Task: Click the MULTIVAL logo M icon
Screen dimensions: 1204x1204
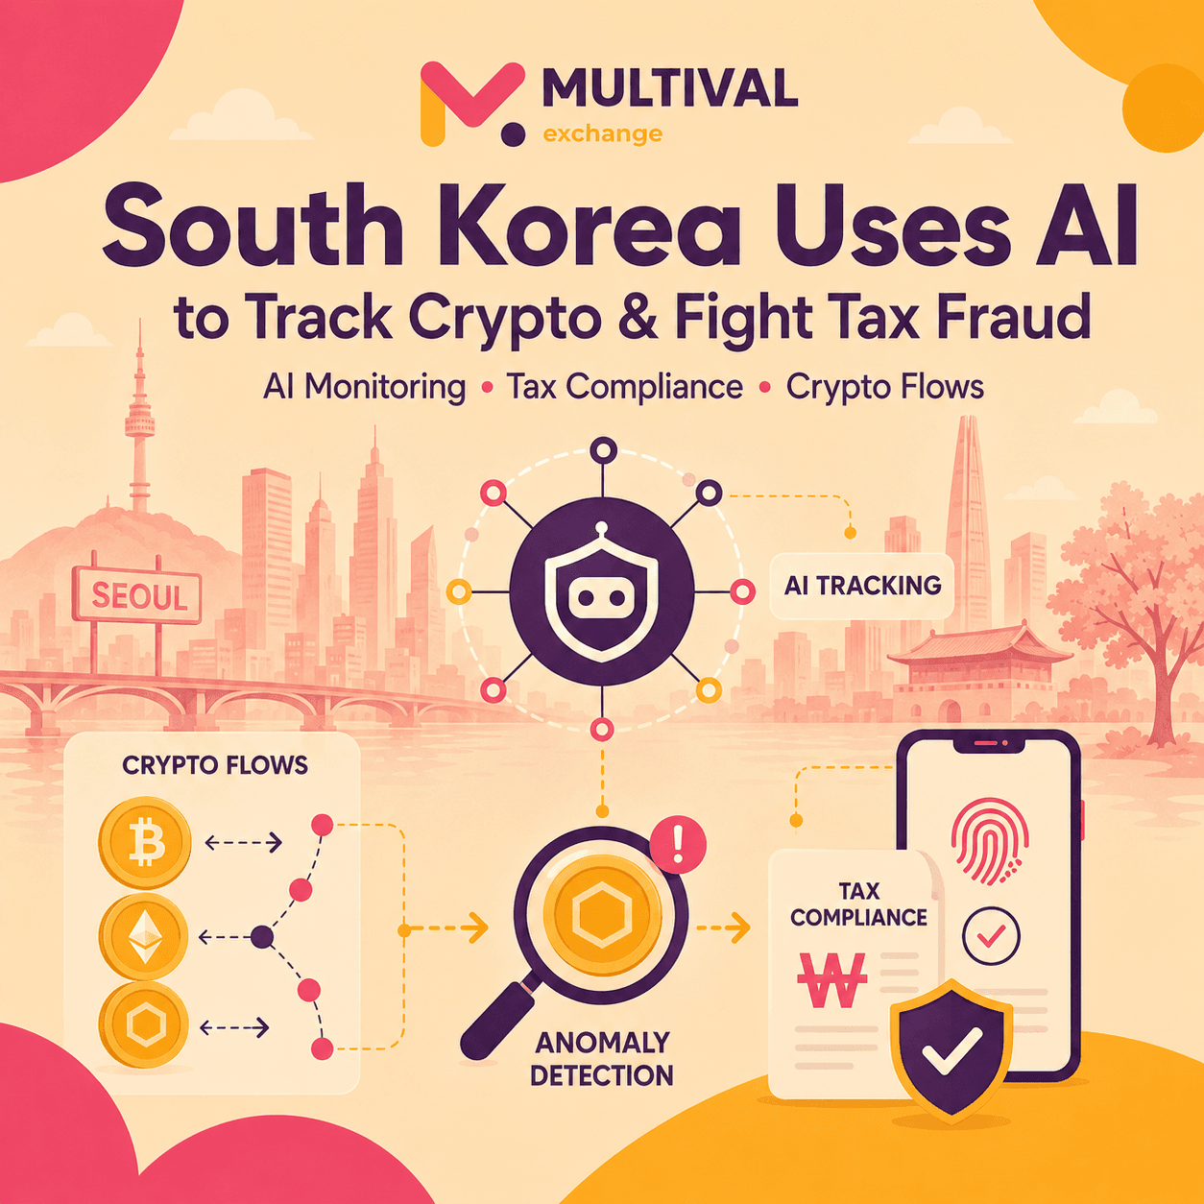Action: click(472, 104)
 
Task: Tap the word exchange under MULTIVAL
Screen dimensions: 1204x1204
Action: click(603, 133)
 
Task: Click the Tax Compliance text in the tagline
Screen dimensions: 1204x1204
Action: click(625, 387)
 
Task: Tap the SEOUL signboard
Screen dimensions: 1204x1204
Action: click(137, 595)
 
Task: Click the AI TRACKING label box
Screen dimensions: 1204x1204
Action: click(862, 586)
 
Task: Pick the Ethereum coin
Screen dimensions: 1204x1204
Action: click(144, 936)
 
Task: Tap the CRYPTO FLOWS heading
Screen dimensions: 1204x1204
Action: click(215, 765)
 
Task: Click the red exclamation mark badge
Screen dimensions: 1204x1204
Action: click(678, 845)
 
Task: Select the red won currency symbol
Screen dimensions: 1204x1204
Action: click(832, 979)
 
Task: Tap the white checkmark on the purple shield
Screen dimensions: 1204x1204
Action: click(951, 1051)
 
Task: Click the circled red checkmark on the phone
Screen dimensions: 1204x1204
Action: click(991, 936)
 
